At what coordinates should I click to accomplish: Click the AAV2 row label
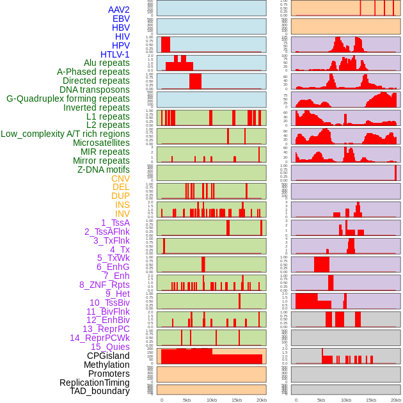click(x=119, y=10)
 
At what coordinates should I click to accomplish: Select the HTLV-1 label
click(x=115, y=54)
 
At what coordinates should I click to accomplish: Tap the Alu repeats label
click(x=107, y=63)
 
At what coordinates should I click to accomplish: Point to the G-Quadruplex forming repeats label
click(x=68, y=99)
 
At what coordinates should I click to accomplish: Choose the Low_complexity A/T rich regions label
click(x=65, y=134)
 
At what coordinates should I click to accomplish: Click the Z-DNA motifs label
click(x=104, y=170)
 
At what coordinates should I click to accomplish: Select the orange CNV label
click(x=120, y=178)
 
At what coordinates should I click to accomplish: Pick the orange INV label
click(x=122, y=214)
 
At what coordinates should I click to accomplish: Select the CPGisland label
click(x=108, y=356)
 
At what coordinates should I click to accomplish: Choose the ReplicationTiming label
click(x=94, y=383)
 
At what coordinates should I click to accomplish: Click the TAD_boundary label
click(x=100, y=391)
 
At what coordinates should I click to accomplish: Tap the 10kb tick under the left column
click(x=211, y=400)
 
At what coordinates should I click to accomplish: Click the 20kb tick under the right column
click(x=396, y=400)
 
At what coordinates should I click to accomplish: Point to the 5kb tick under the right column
click(x=321, y=400)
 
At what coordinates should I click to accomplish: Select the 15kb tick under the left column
click(x=236, y=400)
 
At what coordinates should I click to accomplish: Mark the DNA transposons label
click(x=95, y=90)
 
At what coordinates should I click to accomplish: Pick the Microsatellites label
click(x=101, y=143)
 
